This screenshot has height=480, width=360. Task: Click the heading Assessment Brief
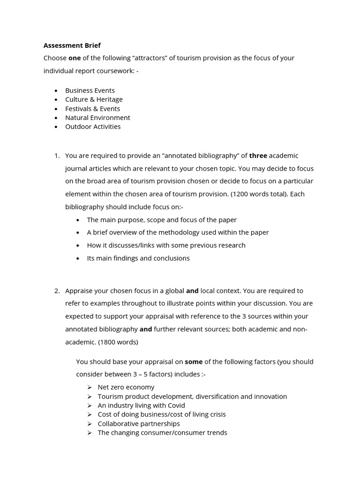click(x=72, y=45)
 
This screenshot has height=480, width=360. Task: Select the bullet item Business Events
click(x=90, y=90)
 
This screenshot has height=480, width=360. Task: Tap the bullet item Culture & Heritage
click(x=94, y=99)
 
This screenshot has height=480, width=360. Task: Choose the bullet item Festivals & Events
click(x=92, y=109)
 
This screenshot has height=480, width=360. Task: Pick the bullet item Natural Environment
click(x=97, y=118)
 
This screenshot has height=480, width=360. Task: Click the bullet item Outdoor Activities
click(x=93, y=127)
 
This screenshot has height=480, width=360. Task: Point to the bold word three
click(x=258, y=156)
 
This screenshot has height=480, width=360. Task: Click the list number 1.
click(x=57, y=156)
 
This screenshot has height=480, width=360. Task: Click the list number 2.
click(x=57, y=291)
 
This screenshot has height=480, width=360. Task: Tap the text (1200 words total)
click(x=259, y=194)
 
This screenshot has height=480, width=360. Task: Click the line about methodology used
click(x=178, y=232)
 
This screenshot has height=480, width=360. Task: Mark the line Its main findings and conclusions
click(x=138, y=258)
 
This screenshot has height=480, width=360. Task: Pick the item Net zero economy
click(x=126, y=387)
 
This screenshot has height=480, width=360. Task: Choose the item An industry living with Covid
click(x=141, y=405)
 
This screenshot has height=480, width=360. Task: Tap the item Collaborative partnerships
click(x=139, y=424)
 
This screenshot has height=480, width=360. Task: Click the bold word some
click(x=194, y=362)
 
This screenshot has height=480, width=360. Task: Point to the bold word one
click(x=75, y=58)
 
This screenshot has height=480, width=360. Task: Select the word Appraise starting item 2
click(x=79, y=291)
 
